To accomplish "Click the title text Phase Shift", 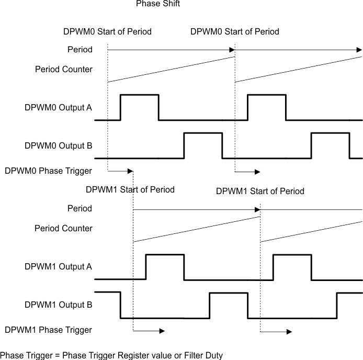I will point(158,4).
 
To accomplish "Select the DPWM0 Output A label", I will point(58,108).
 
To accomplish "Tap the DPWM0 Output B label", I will point(58,145).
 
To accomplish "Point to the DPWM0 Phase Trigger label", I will point(48,171).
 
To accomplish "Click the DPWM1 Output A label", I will point(58,267).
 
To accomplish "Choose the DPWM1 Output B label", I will point(58,305).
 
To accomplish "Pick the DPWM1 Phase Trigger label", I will point(48,330).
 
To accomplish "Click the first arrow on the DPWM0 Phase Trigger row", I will point(120,171).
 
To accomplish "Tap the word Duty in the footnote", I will point(213,355).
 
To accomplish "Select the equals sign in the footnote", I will point(57,355).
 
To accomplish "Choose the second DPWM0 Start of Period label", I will point(234,31).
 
